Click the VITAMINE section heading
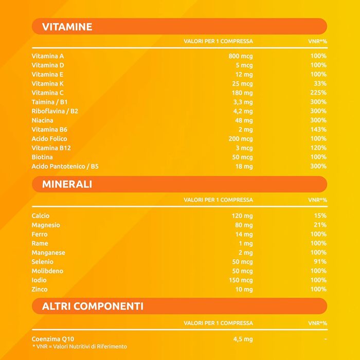pos(67,27)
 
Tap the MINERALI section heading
pos(67,184)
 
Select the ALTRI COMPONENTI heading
pos(93,307)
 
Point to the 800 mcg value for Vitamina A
pos(241,56)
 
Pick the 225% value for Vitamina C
pos(318,93)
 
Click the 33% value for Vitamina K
pos(320,83)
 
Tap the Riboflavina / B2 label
pos(55,111)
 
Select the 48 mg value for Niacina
pos(244,120)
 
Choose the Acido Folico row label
pos(49,139)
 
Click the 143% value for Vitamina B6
pos(318,130)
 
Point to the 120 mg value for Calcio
pos(242,216)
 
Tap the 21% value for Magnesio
pos(320,225)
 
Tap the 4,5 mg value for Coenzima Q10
pos(243,339)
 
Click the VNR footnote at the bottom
pos(80,347)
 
